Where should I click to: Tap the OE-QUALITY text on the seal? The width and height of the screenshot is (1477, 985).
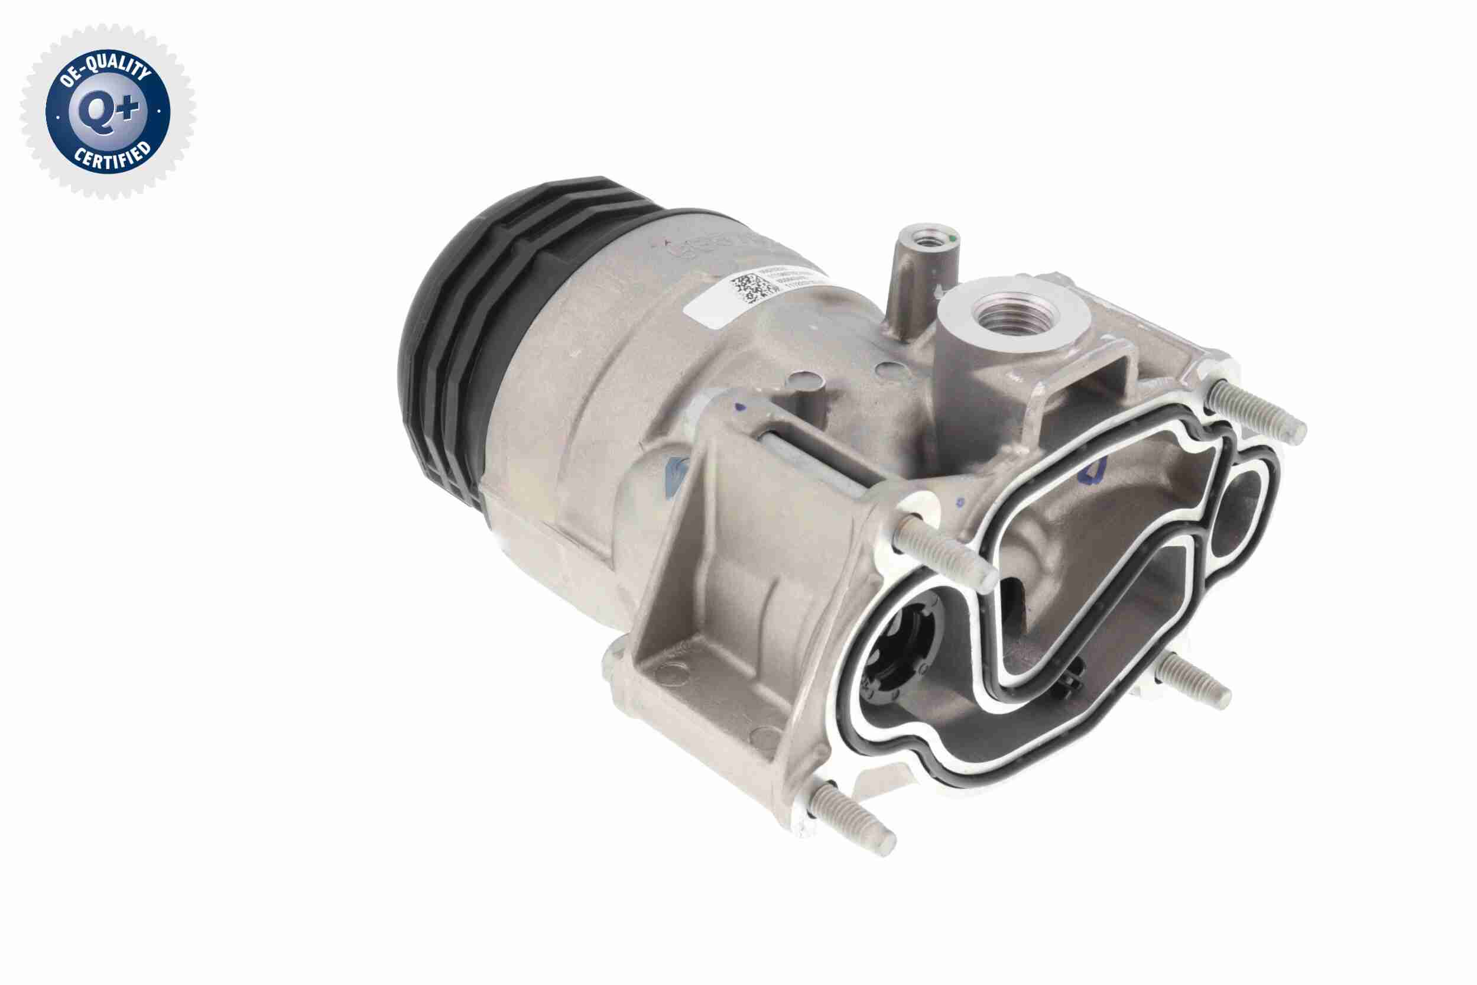coord(103,74)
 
